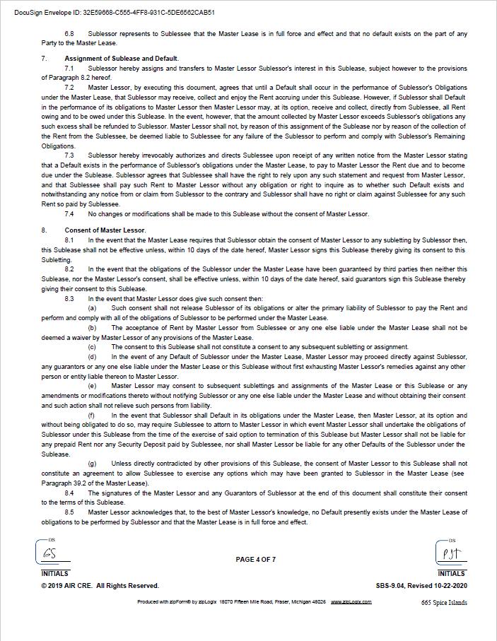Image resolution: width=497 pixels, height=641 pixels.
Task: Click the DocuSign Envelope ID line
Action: tap(115, 13)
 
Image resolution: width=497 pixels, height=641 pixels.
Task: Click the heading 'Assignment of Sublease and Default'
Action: tap(121, 59)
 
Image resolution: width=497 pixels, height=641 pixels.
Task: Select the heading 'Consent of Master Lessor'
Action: tap(105, 230)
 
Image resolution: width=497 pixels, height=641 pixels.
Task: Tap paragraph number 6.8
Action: tap(69, 34)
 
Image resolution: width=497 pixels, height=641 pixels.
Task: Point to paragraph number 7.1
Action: tap(69, 69)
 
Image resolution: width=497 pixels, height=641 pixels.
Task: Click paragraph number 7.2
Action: tap(69, 88)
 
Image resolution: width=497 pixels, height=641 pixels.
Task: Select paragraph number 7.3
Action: tap(69, 155)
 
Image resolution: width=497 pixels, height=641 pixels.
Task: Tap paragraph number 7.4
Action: tap(69, 214)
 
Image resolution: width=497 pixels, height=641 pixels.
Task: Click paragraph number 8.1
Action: tap(69, 240)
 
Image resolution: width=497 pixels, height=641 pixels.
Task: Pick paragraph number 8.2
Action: tap(69, 269)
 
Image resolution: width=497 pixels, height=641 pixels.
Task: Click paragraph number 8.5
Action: tap(69, 512)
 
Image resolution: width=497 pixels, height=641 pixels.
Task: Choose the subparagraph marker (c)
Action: tap(92, 347)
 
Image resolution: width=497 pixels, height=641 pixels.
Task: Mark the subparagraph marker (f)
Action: tap(92, 416)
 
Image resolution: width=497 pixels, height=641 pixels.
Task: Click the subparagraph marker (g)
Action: tap(92, 464)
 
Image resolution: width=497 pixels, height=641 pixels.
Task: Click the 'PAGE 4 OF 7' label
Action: tap(256, 560)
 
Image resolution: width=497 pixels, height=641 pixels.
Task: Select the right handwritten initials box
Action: tap(450, 553)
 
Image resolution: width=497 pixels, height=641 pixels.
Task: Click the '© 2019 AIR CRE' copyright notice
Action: tap(100, 586)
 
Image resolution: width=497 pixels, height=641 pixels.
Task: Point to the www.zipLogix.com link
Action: tap(347, 602)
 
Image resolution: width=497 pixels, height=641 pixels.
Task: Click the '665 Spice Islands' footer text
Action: tap(444, 603)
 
